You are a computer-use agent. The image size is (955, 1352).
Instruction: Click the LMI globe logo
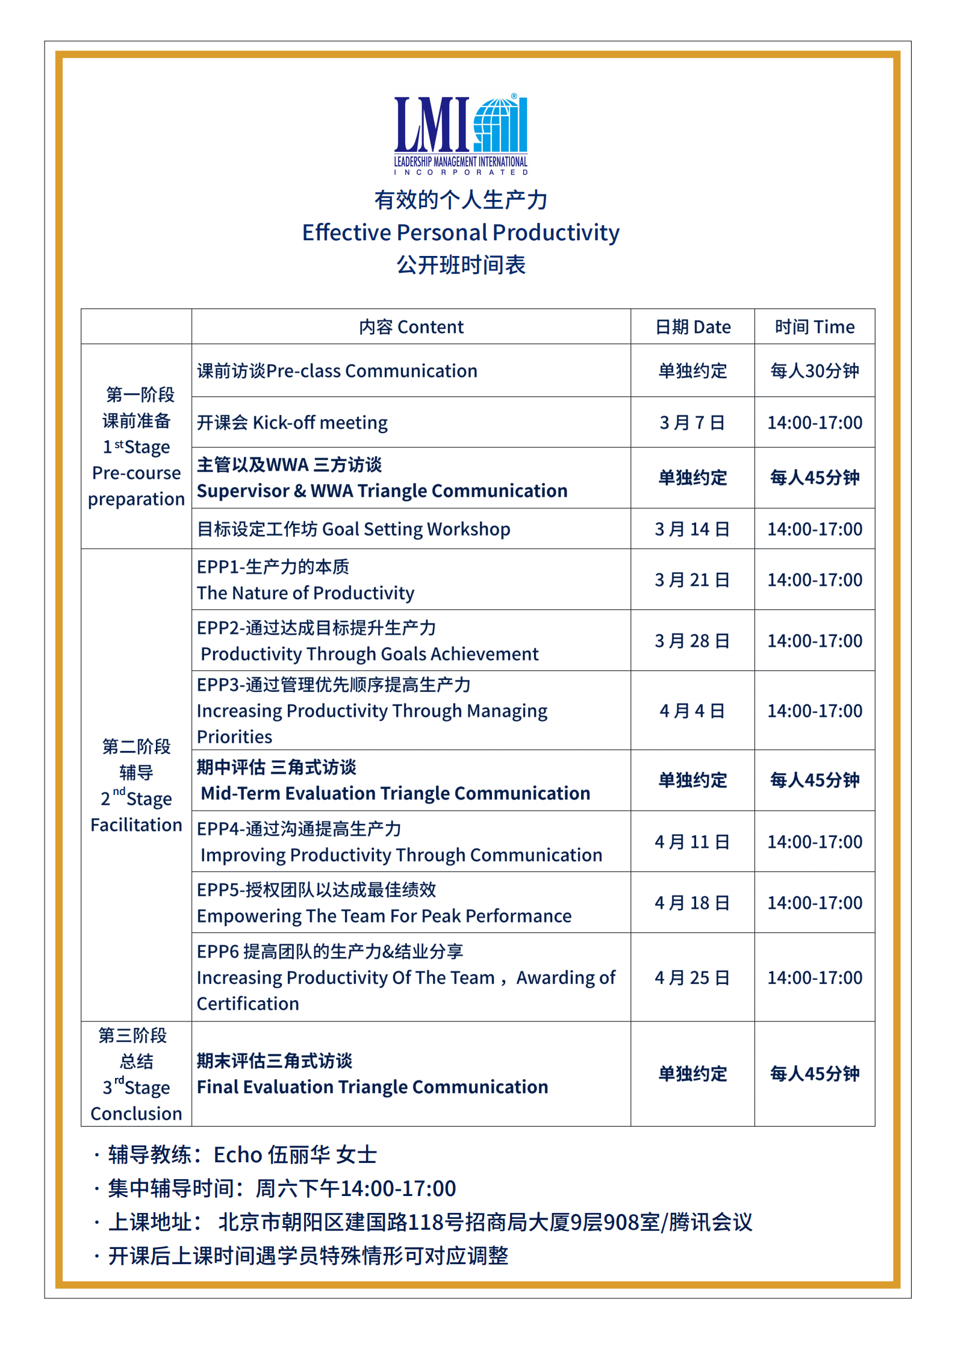pos(461,134)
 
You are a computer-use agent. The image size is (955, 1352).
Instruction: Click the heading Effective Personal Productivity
pos(461,232)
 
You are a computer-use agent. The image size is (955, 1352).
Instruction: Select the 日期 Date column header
pos(692,327)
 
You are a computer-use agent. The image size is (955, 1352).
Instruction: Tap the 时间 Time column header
pos(814,327)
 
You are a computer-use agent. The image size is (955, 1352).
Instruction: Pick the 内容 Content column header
pos(411,327)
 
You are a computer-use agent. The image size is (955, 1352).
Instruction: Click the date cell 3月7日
pos(692,423)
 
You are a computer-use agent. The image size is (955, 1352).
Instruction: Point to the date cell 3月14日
pos(692,529)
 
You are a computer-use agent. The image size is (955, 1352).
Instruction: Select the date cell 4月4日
pos(692,711)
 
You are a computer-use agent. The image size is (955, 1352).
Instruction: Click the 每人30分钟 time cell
pos(814,371)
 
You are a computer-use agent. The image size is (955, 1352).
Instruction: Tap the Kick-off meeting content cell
pos(293,423)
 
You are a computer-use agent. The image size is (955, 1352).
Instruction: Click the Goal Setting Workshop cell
pos(354,529)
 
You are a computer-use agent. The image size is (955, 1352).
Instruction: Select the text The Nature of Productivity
pos(306,593)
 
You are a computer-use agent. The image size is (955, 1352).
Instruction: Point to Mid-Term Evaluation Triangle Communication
pos(396,794)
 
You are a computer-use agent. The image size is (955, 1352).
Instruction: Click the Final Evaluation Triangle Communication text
pos(373,1087)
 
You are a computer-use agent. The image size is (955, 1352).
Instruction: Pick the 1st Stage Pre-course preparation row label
pos(137,447)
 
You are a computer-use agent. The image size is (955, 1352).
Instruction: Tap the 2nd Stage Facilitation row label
pos(137,785)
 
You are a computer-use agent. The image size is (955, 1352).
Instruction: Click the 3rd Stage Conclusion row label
pos(137,1074)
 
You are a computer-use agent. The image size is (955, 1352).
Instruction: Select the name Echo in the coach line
pos(238,1155)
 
